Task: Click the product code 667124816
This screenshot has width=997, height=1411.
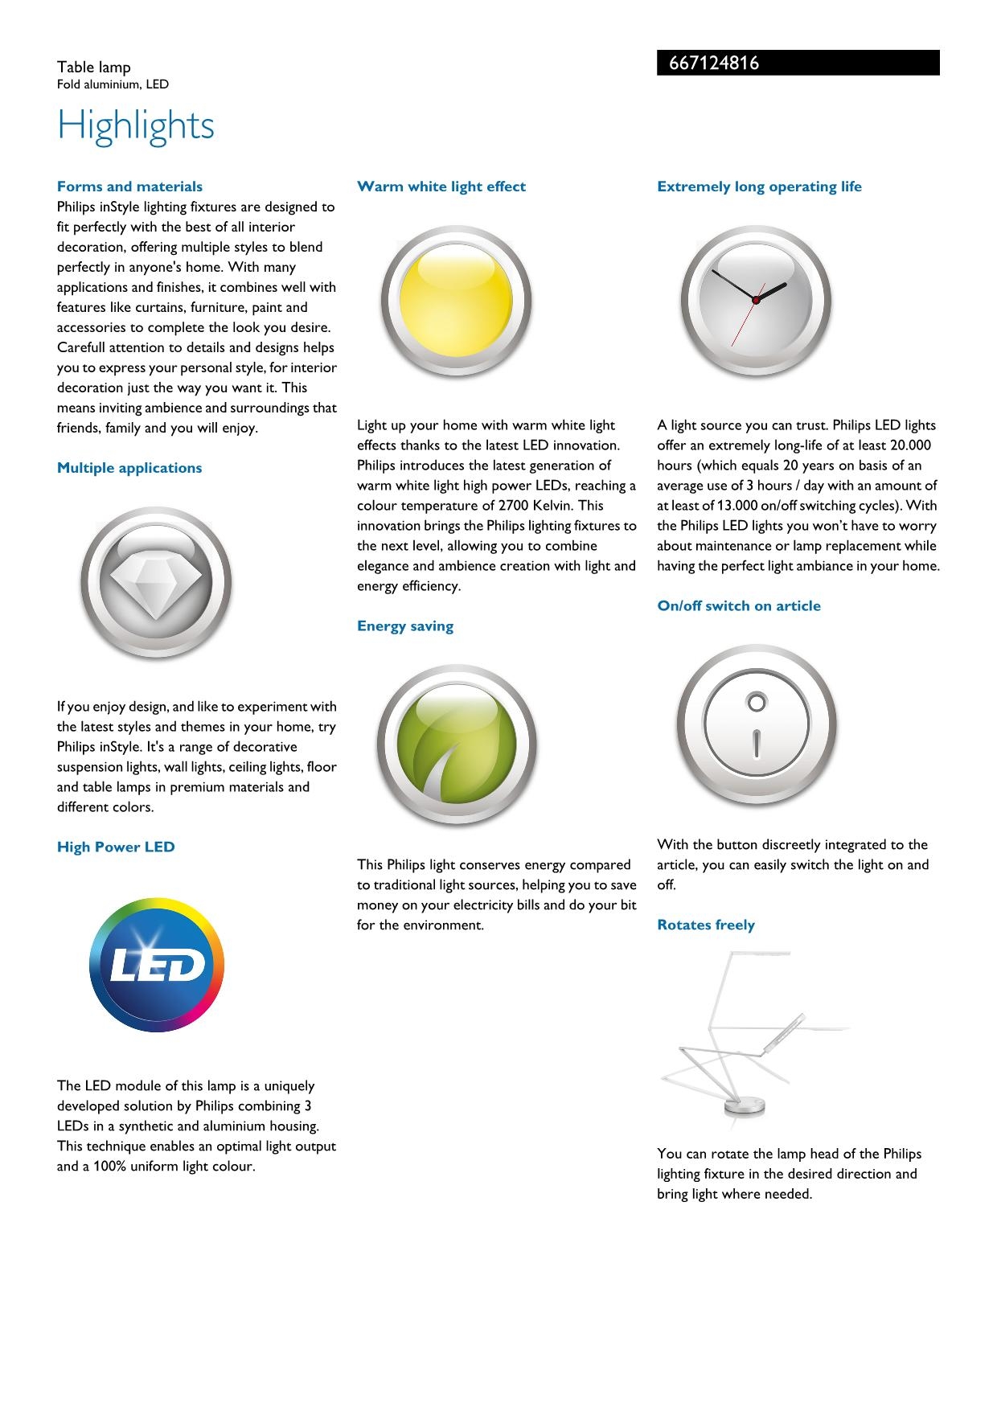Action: [x=714, y=64]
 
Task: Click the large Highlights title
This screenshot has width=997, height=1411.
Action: [x=136, y=125]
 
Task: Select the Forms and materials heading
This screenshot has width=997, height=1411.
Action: [x=129, y=187]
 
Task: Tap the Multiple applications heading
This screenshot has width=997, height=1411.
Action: [x=129, y=468]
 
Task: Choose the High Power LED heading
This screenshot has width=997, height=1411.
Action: [x=116, y=847]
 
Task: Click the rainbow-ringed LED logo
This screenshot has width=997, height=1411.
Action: [x=157, y=966]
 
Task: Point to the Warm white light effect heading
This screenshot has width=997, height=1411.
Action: [x=441, y=187]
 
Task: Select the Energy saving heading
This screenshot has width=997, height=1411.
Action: [x=405, y=626]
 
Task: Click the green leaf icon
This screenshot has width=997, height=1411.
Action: [x=456, y=745]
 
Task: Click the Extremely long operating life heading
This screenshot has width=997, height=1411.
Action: [x=759, y=187]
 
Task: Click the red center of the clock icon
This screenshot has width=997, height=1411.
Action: [x=756, y=300]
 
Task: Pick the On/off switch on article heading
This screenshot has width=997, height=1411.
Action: [x=739, y=606]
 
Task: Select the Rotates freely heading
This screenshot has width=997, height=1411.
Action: [x=706, y=925]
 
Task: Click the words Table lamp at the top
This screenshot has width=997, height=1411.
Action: [x=93, y=68]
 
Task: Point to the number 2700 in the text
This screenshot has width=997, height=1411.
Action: [x=514, y=506]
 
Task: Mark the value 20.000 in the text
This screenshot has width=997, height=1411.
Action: [x=911, y=445]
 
